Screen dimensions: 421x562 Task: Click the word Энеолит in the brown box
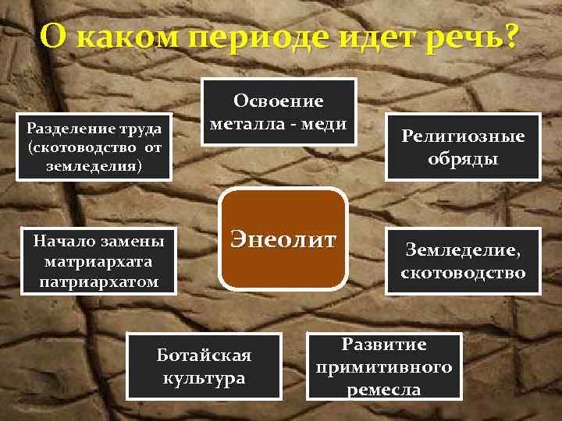coord(282,238)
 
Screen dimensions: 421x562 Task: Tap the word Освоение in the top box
coord(279,101)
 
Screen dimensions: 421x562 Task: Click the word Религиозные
coord(463,136)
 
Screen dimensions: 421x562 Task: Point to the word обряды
coord(463,159)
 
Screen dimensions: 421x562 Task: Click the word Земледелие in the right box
coord(461,249)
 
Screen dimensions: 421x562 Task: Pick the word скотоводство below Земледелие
coord(463,273)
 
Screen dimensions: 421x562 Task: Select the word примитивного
coord(382,366)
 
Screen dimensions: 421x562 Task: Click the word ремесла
coord(382,389)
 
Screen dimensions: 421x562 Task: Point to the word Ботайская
coord(204,356)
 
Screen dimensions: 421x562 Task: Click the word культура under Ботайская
coord(204,378)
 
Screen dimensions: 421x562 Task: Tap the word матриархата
coord(98,260)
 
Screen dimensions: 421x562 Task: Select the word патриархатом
coord(98,279)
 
